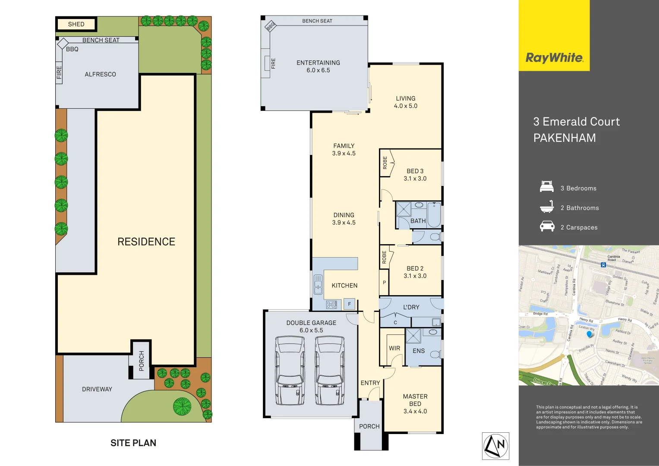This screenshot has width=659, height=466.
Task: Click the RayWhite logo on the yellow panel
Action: coord(554,58)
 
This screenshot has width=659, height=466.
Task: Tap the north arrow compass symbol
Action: coord(495,446)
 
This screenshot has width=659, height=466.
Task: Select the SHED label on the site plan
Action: coord(76,24)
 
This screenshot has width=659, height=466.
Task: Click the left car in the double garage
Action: coord(290,371)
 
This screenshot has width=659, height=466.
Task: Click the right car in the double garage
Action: coord(330,371)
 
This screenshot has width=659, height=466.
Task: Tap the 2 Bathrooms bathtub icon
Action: coord(547,207)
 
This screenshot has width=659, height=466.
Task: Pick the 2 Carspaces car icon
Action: coord(547,227)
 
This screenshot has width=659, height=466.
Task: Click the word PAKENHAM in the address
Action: coord(564,138)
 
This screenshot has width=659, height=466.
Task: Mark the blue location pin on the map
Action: coord(590,334)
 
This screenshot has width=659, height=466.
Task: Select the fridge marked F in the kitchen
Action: coord(350,304)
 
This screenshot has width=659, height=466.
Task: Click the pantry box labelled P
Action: coord(384,283)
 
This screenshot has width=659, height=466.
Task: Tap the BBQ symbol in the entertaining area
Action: coord(271,26)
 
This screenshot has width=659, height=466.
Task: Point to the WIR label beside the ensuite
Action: coord(394,348)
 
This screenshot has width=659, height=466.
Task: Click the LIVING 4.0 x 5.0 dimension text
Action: coord(406,106)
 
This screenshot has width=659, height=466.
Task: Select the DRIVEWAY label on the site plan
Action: coord(97,389)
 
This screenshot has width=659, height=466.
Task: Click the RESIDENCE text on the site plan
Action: coord(146,242)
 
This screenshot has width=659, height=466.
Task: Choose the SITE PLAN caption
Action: coord(133,443)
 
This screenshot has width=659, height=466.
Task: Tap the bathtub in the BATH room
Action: coord(434,214)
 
